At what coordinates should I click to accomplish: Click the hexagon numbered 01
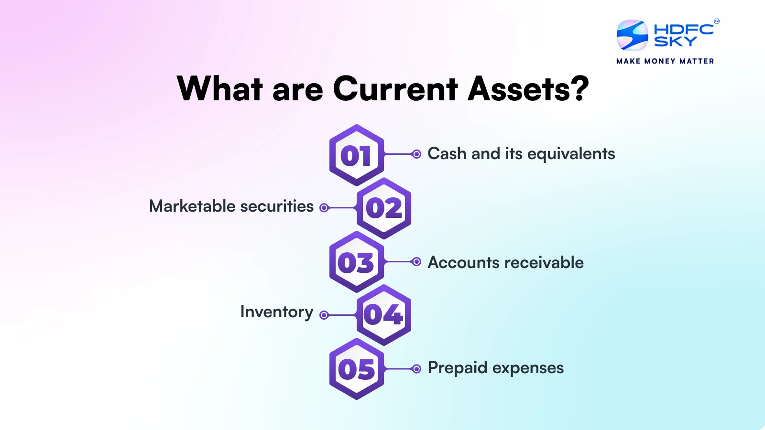(356, 155)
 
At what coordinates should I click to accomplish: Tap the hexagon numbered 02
(384, 208)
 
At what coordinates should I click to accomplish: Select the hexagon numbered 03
(356, 262)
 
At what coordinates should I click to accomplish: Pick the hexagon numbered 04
(384, 315)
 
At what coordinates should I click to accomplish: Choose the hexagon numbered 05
(356, 369)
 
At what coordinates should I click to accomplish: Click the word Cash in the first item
(447, 154)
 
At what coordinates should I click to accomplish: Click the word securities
(277, 206)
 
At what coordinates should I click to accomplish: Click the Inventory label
(276, 312)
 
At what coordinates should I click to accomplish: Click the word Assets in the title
(518, 89)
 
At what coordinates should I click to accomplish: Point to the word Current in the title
(395, 89)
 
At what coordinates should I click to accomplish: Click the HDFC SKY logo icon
(632, 35)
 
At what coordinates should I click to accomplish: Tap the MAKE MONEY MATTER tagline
(665, 61)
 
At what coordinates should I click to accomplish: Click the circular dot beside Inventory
(324, 315)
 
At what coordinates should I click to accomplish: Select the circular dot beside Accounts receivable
(416, 262)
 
